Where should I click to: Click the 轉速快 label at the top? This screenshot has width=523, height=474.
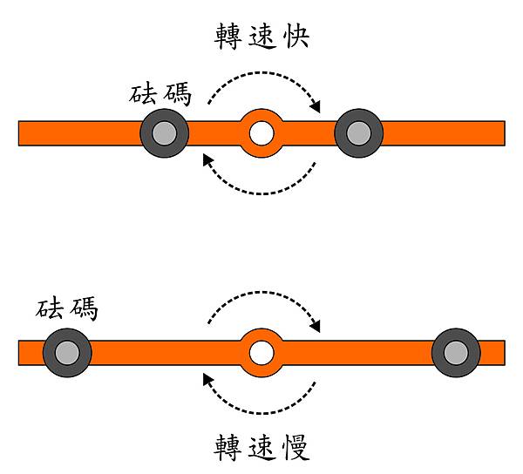(261, 36)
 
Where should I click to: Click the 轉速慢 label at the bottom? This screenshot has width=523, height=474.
(261, 447)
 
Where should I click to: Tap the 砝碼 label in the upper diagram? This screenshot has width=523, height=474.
(160, 93)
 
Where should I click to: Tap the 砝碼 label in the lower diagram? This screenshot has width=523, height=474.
(67, 308)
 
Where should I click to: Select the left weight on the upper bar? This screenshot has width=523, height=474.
(164, 133)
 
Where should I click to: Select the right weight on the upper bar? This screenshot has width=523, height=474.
(358, 133)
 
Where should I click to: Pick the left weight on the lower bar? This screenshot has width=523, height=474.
(66, 353)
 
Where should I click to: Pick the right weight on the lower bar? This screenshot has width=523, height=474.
(456, 353)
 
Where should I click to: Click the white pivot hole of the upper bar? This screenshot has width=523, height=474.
(261, 133)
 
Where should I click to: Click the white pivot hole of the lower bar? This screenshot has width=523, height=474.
(261, 353)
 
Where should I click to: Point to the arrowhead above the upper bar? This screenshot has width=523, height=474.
(316, 107)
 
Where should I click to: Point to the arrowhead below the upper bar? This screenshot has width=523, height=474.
(207, 159)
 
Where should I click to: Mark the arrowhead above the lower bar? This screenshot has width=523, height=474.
(316, 327)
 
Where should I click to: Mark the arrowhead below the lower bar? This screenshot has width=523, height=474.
(207, 378)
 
